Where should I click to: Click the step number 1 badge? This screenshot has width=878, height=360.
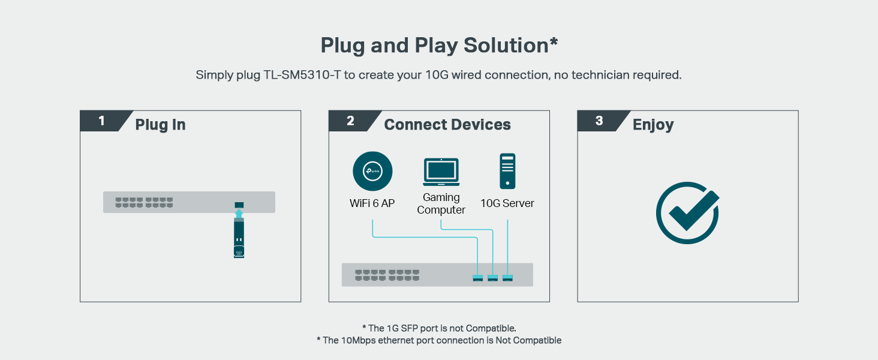101,121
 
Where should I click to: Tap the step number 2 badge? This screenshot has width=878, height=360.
350,121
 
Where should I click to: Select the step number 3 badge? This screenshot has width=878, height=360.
599,121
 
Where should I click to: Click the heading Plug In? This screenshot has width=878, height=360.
160,125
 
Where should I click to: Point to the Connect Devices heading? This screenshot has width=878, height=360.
447,125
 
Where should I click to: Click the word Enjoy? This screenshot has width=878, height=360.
653,125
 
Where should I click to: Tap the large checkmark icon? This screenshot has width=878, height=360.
687,213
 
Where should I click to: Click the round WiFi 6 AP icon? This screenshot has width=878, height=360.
372,172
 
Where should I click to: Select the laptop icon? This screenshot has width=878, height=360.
441,172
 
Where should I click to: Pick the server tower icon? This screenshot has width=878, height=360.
507,171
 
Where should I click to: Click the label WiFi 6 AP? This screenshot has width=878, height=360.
372,203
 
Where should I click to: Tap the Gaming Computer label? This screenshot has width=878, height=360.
441,203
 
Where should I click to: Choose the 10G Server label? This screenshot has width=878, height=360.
507,203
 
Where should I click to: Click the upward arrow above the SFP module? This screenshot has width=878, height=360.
239,213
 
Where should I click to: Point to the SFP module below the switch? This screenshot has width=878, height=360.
239,238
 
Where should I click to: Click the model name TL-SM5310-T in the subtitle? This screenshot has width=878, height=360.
302,76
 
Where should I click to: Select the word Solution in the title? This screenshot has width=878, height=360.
508,46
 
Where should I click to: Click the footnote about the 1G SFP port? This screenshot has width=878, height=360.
439,328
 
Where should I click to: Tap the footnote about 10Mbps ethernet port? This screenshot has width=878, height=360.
439,340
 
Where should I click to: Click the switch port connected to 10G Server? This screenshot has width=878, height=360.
508,277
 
